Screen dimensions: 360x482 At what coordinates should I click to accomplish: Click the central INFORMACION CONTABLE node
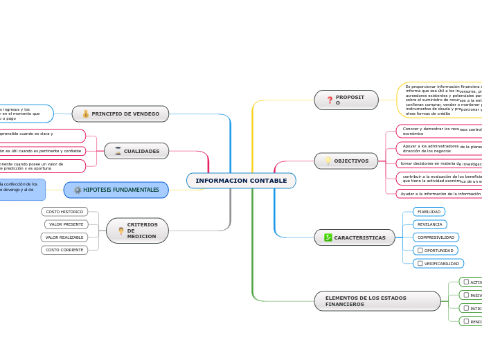(241, 181)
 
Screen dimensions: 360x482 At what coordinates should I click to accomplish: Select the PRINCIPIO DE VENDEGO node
(120, 114)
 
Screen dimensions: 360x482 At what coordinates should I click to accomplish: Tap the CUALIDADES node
(136, 151)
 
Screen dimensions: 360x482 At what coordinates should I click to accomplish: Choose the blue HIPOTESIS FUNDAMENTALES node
(116, 190)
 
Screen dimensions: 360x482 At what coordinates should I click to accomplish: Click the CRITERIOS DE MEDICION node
(137, 231)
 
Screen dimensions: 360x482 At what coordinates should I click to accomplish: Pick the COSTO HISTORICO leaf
(64, 212)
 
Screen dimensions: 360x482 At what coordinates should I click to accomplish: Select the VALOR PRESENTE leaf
(66, 224)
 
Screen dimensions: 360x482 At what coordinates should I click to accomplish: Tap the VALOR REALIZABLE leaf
(64, 237)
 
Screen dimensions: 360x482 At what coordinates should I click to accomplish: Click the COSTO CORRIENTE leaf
(64, 250)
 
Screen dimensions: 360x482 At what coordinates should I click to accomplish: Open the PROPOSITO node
(346, 100)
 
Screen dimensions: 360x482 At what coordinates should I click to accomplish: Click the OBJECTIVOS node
(346, 161)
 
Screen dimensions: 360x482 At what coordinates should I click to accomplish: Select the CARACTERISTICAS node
(355, 237)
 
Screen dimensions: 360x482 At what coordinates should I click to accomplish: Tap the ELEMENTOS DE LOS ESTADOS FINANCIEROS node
(377, 301)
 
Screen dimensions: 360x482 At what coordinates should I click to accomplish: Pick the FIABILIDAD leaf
(429, 212)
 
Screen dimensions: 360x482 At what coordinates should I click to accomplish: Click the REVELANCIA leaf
(429, 224)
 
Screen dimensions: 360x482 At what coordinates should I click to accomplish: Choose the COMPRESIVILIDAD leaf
(436, 237)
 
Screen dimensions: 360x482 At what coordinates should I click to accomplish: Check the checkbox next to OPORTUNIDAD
(420, 250)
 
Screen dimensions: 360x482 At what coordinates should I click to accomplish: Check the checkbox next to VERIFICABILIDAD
(420, 263)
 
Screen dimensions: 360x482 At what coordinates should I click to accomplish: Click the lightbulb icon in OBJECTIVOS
(328, 161)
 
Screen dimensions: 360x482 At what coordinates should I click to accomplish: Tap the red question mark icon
(330, 100)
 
